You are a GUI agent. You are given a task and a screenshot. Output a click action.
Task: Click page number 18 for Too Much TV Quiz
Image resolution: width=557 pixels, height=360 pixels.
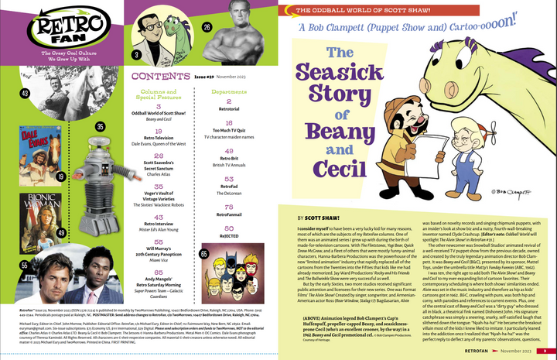point(229,123)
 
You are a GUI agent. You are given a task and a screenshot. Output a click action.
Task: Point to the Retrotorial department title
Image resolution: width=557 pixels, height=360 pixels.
point(229,109)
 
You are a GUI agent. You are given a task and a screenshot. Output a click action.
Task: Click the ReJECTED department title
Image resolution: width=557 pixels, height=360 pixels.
point(229,237)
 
